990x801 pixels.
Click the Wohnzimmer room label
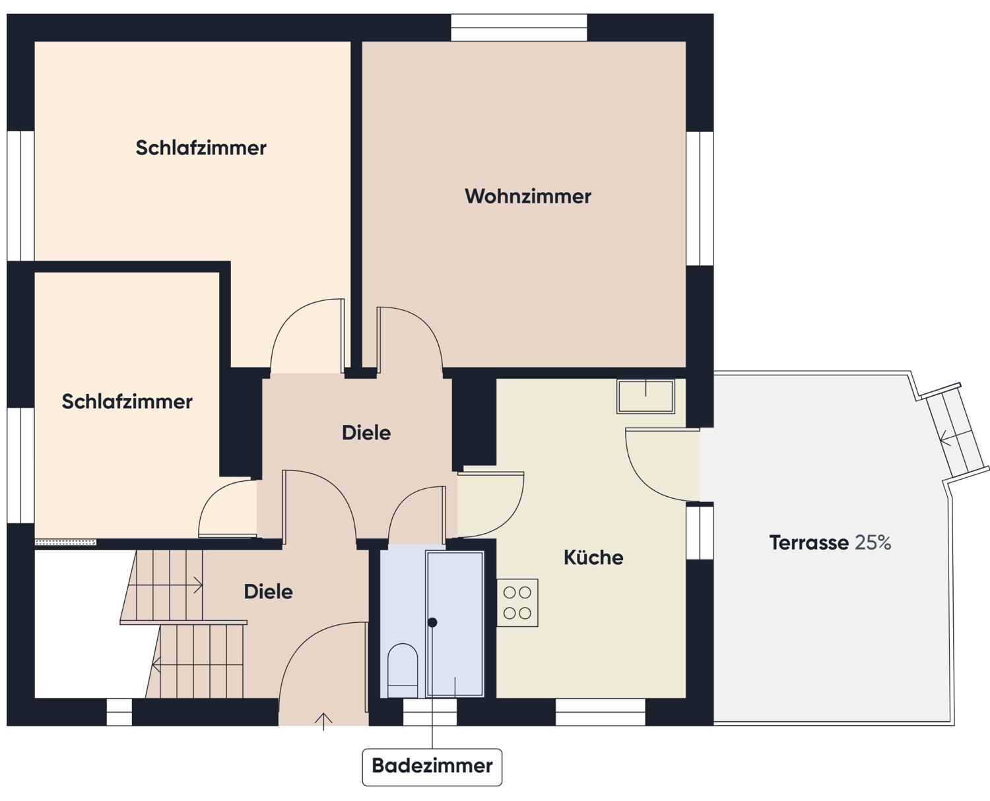[527, 196]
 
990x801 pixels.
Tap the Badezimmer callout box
[432, 766]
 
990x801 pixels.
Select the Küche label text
[593, 558]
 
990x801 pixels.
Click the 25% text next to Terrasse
[873, 542]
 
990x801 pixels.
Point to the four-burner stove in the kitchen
[517, 602]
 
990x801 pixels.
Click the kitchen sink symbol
[645, 396]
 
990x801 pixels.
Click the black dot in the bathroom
[432, 622]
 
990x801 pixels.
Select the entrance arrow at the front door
[323, 721]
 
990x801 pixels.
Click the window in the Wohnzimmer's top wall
[519, 28]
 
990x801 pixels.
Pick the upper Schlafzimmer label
[201, 148]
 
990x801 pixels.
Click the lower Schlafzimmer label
[127, 401]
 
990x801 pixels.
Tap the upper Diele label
[366, 433]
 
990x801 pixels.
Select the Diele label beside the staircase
[268, 592]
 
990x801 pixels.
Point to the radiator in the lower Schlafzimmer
[65, 542]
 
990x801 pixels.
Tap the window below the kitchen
[600, 712]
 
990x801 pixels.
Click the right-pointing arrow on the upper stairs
[197, 585]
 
